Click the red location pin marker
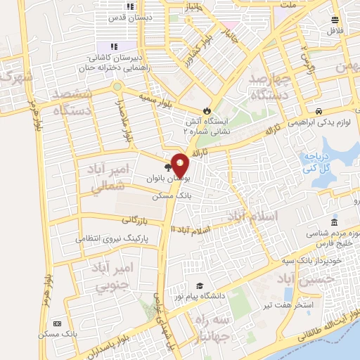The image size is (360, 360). coord(181,165)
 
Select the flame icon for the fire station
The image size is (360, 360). coord(206,110)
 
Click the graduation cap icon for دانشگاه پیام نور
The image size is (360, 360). coord(200,285)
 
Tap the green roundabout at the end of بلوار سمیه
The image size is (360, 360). coord(117,87)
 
